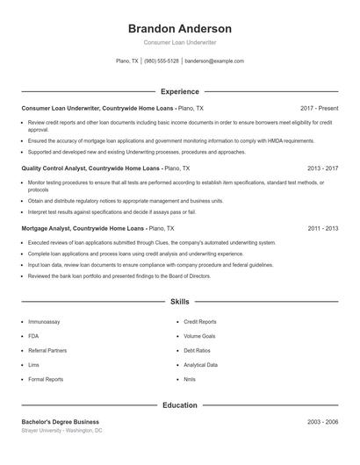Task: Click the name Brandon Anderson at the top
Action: point(179,29)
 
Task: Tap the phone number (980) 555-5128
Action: point(162,61)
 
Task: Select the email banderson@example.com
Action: point(214,61)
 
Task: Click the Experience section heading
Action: point(179,91)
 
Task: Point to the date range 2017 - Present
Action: point(319,108)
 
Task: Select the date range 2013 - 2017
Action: point(323,168)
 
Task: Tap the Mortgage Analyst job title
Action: point(50,228)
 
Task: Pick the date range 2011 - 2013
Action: point(323,228)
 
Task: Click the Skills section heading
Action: point(179,301)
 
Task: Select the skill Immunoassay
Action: point(44,322)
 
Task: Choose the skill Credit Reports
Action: point(200,322)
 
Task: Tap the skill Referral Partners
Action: point(47,350)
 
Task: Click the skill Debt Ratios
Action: point(198,350)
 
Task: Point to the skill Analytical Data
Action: point(201,365)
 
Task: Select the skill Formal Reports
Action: point(46,379)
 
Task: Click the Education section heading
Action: point(179,405)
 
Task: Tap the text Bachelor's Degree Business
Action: point(61,422)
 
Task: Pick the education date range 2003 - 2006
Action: point(323,422)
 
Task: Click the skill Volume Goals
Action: point(199,336)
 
